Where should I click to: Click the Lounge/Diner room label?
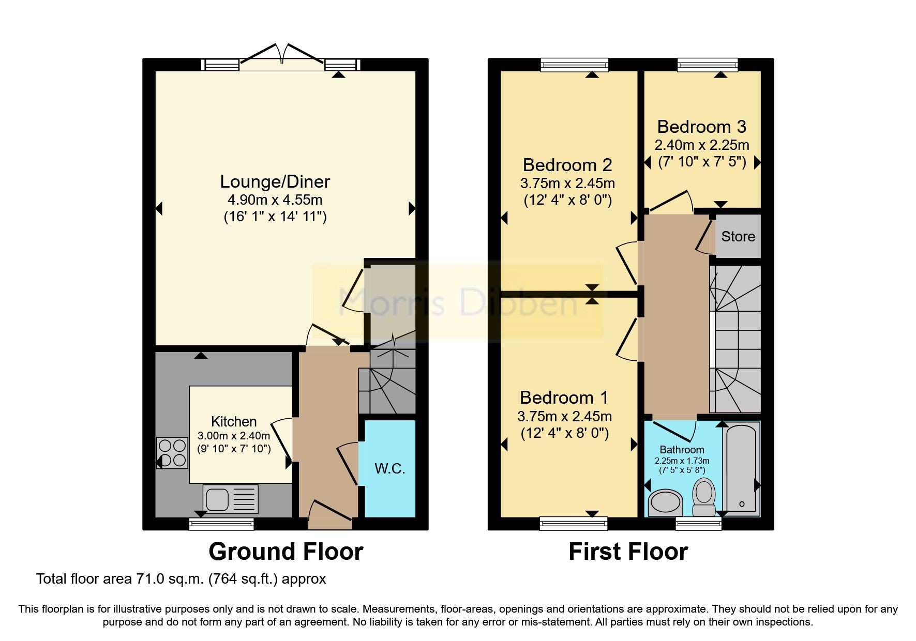tap(275, 182)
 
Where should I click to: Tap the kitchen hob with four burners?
tap(173, 453)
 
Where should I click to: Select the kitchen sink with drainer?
tap(231, 499)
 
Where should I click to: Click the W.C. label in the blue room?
tap(389, 469)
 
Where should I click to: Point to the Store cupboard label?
tap(738, 237)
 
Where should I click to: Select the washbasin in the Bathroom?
tap(665, 502)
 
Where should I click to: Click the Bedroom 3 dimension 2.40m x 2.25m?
tap(701, 145)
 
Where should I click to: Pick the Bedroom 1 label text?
tap(564, 398)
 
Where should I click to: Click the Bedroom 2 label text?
tap(567, 165)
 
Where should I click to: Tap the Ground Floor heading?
tap(286, 552)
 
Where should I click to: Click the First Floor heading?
tap(628, 552)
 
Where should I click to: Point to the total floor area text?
tap(181, 579)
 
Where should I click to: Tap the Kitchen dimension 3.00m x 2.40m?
tap(234, 436)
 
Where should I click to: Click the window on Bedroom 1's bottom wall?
tap(573, 524)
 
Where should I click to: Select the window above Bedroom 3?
tap(707, 65)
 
